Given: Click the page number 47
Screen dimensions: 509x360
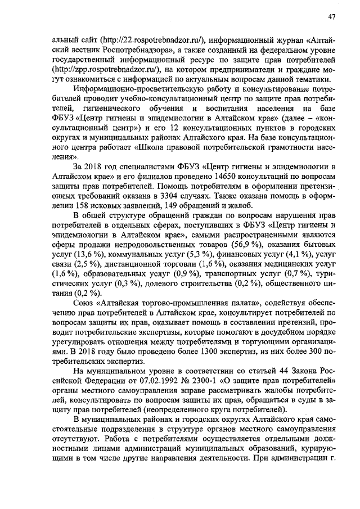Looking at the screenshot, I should [x=332, y=17].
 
